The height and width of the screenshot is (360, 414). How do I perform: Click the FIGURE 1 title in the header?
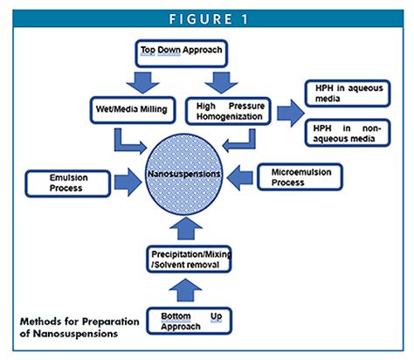pyautogui.click(x=206, y=16)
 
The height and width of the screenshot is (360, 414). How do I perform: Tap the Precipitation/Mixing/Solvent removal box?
pyautogui.click(x=186, y=260)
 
